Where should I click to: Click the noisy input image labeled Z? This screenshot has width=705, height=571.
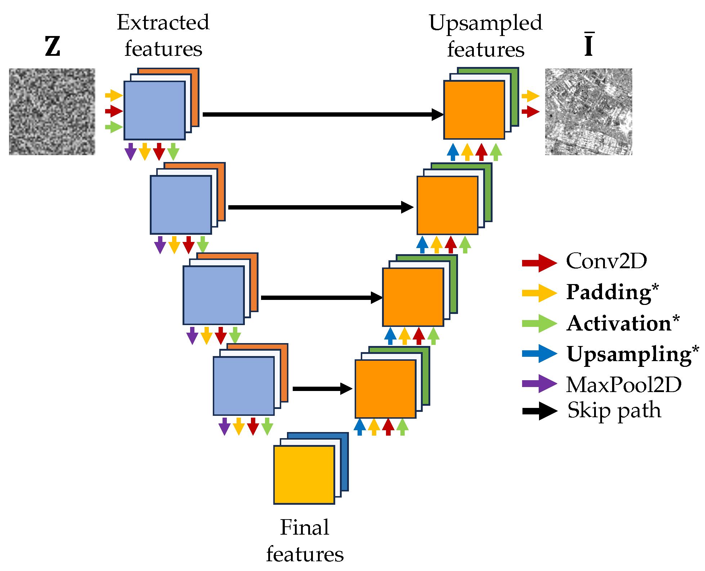[52, 112]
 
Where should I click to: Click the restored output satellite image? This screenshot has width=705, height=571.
[588, 112]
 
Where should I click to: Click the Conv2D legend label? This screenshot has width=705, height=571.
[606, 261]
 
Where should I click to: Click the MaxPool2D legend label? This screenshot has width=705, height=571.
[624, 385]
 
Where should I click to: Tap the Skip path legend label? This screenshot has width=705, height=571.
[614, 410]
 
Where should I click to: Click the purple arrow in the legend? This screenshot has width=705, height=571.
[539, 383]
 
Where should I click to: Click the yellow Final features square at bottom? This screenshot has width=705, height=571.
[304, 475]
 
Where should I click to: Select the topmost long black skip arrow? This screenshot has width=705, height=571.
[322, 114]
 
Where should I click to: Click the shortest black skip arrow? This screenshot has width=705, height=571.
[322, 389]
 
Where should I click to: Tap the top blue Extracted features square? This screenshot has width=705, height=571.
[154, 110]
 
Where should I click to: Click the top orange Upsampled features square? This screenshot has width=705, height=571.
[474, 110]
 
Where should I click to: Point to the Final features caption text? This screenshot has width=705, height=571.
[305, 540]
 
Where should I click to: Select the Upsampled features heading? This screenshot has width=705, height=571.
[485, 36]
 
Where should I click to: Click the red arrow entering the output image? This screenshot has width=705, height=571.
[530, 112]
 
